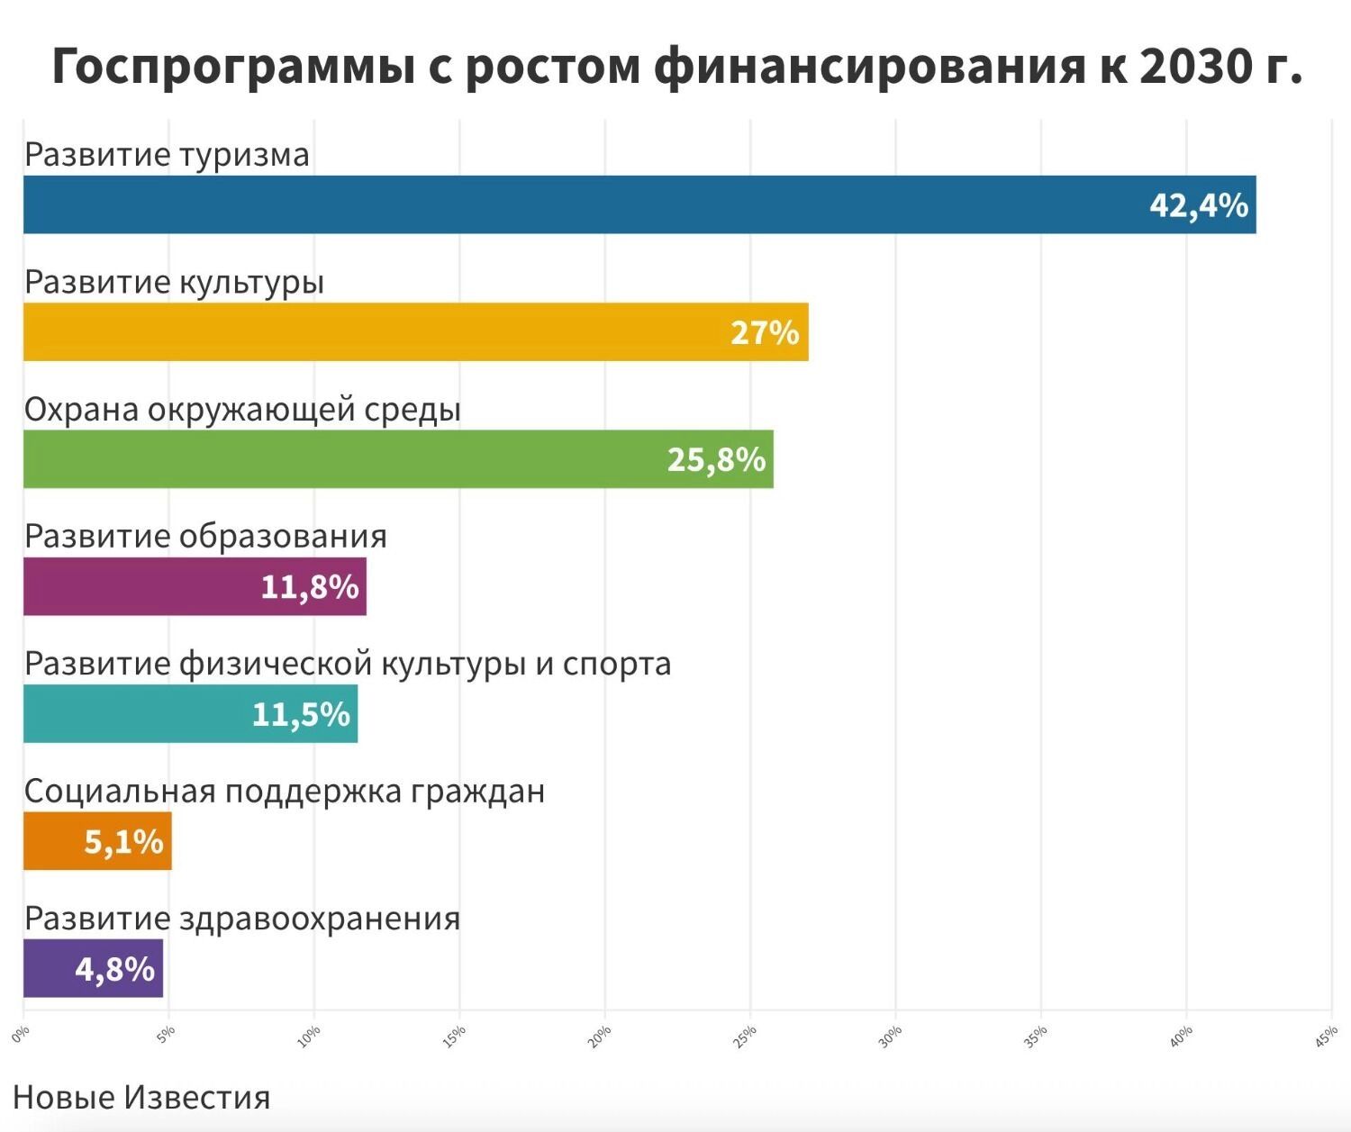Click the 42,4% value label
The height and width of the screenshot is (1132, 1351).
click(x=1198, y=206)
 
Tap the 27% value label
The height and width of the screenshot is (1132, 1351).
click(x=765, y=333)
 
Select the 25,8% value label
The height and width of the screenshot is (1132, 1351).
click(x=716, y=460)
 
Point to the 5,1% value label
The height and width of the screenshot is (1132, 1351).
click(x=123, y=842)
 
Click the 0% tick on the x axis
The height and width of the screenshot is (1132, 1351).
click(x=21, y=1034)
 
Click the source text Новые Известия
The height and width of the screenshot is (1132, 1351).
click(x=141, y=1097)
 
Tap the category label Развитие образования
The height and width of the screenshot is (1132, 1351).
click(x=205, y=537)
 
